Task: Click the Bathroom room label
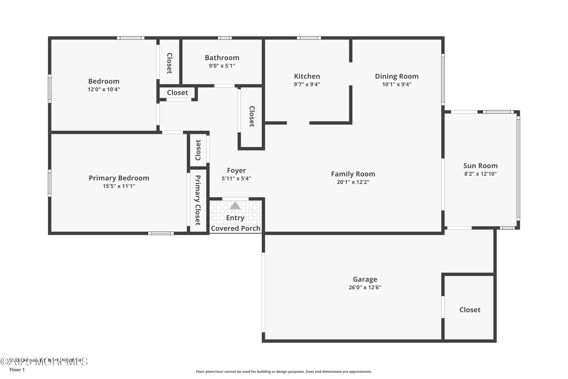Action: [222, 58]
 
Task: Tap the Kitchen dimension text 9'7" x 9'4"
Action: [307, 84]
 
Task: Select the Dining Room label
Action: [396, 76]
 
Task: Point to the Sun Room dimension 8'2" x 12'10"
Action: [480, 174]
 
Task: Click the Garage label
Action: [365, 279]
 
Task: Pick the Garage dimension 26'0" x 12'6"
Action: [365, 287]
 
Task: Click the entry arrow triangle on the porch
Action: [235, 206]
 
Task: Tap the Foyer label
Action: [236, 170]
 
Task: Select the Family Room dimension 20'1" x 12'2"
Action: [353, 182]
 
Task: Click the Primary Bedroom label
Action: [119, 178]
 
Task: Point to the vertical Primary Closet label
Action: [198, 200]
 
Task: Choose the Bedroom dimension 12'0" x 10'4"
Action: [104, 89]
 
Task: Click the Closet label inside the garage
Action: [470, 310]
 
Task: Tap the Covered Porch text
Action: [235, 228]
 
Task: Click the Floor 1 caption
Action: [17, 370]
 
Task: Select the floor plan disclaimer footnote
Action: [284, 372]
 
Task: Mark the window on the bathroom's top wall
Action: [225, 38]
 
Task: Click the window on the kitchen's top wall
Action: [309, 38]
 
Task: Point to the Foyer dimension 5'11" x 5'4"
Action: [236, 179]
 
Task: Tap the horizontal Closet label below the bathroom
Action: [177, 93]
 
